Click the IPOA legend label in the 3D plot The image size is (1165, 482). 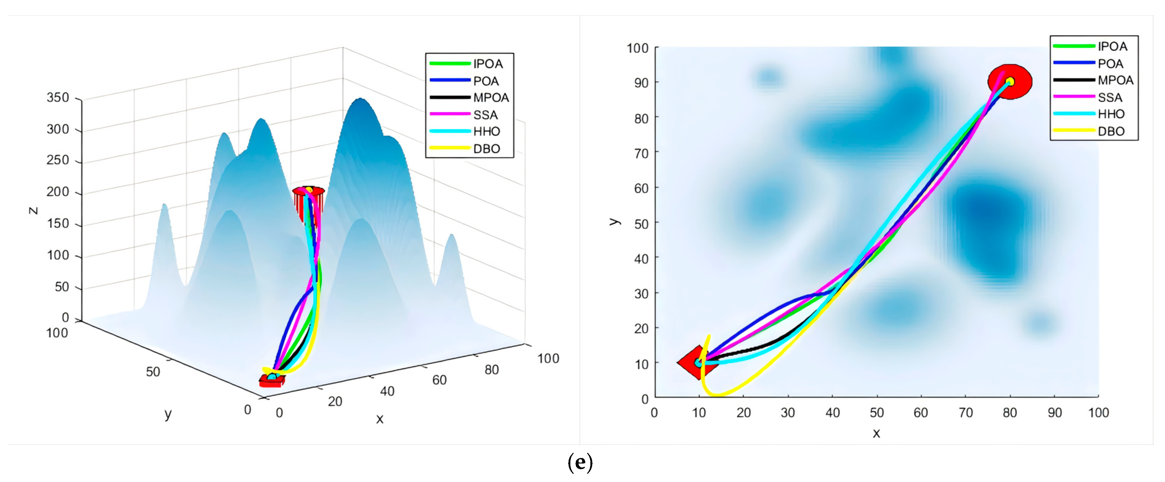(488, 64)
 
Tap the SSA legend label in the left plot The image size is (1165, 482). (485, 115)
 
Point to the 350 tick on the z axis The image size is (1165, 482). (58, 98)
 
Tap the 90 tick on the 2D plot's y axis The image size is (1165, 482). (641, 83)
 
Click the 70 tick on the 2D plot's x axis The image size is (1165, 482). (966, 412)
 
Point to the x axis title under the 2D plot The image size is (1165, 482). (876, 433)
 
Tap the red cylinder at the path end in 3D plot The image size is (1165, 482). (308, 201)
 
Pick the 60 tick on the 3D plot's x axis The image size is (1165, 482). (439, 380)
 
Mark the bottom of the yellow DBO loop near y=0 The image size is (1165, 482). (717, 395)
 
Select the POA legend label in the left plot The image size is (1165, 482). (486, 81)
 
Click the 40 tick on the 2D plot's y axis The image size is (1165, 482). (641, 259)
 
